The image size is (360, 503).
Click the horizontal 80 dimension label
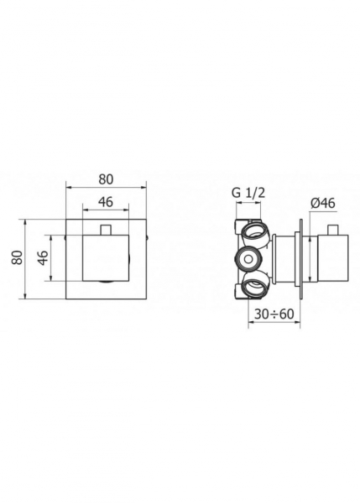coord(107,179)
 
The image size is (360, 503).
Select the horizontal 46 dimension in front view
coord(107,202)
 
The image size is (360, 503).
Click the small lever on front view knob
coord(107,229)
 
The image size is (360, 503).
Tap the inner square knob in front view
coord(107,260)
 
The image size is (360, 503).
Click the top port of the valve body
coord(254,230)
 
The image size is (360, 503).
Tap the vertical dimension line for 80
coord(26,260)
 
